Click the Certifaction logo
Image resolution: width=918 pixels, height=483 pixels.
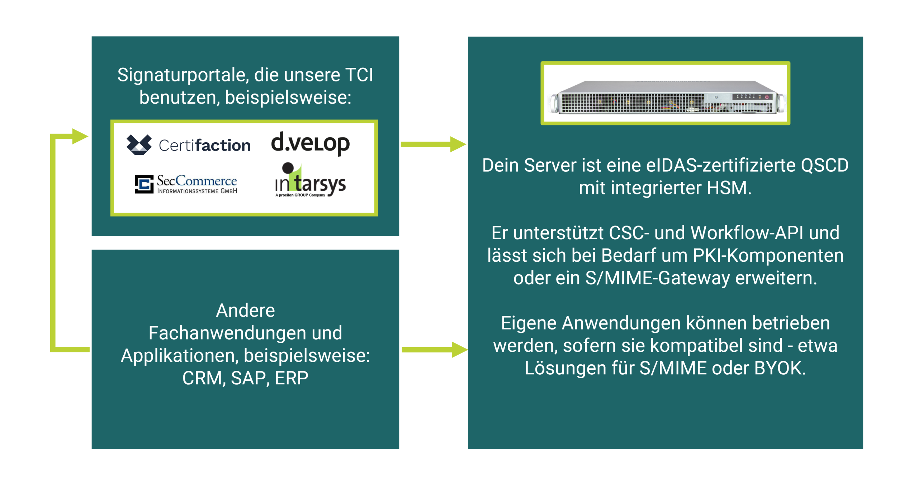188,145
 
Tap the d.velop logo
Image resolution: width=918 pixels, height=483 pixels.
310,143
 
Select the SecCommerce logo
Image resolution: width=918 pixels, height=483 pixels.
186,184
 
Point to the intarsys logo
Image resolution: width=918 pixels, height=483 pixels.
310,181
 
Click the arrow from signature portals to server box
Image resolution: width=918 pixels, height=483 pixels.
433,144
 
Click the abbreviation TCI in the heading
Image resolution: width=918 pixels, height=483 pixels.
359,75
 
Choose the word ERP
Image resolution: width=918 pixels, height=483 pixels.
291,378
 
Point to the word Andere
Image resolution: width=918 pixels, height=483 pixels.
245,310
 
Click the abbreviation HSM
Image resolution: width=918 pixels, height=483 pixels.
728,188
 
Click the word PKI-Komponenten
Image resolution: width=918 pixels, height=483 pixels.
768,255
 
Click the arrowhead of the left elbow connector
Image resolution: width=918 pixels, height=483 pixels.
80,136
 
